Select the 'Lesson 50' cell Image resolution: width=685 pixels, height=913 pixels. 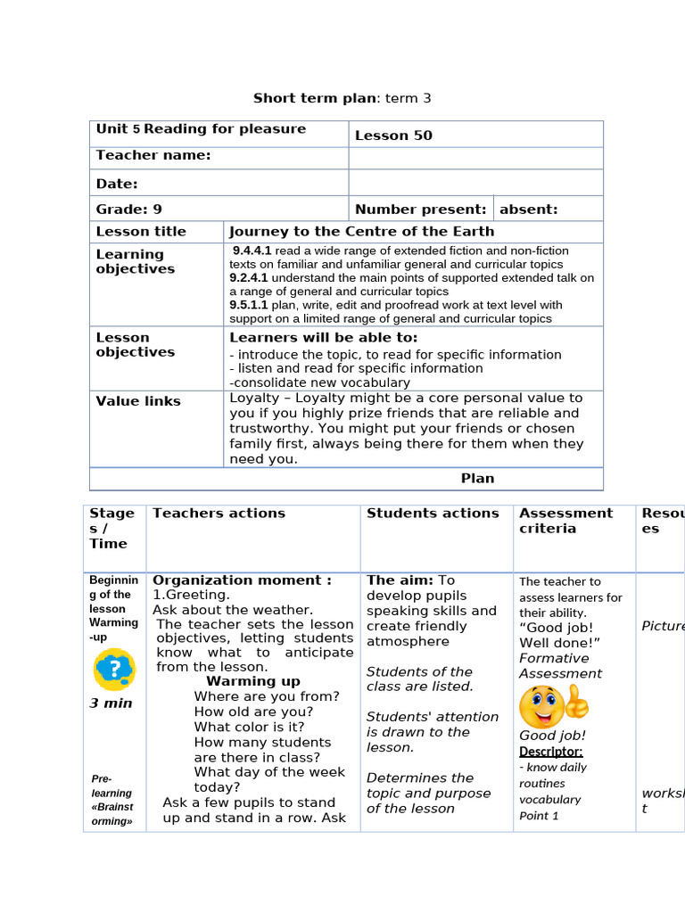coord(393,136)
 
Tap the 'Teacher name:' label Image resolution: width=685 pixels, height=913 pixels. coord(153,155)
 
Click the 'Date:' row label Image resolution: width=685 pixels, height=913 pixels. coord(117,184)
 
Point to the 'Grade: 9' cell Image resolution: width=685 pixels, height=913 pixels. coord(129,210)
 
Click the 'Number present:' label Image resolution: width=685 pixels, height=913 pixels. coord(420,210)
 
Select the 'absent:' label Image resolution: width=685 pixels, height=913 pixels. coord(528,210)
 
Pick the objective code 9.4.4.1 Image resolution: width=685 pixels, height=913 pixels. coord(252,251)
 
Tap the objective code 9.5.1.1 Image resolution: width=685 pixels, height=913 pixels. coord(248,305)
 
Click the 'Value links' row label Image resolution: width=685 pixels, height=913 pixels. coord(138,401)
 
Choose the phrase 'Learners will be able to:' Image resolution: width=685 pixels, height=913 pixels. coord(323,338)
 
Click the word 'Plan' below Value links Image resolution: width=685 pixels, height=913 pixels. coord(477,479)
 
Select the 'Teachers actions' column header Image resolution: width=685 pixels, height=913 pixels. coord(219,514)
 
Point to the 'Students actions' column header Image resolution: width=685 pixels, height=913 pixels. coord(433,514)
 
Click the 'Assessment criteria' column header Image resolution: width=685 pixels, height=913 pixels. coord(565,521)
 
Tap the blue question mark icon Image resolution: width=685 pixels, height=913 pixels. coord(114,669)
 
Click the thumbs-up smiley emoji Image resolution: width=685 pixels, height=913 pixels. coord(554,705)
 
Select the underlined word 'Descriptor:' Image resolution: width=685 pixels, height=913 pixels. coord(550,752)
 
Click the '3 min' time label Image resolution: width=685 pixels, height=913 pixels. coord(111,703)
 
